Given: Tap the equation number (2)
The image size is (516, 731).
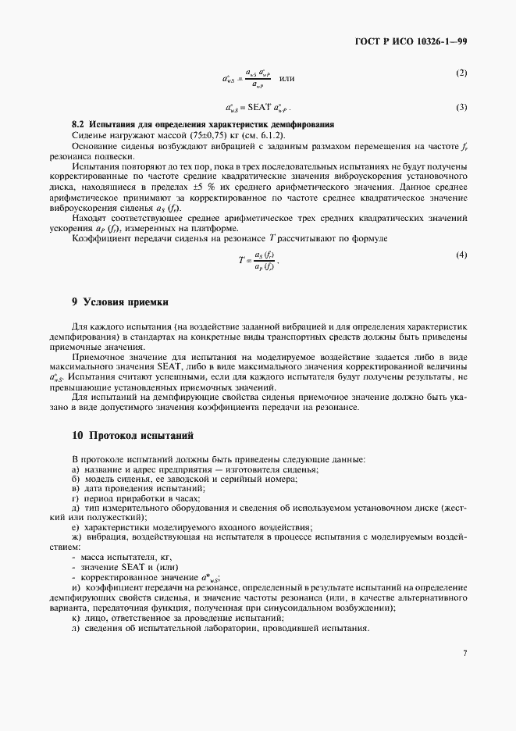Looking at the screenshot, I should (x=461, y=73).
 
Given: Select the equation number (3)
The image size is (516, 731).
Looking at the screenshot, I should (x=461, y=106).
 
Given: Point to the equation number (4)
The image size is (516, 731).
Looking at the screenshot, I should (x=461, y=255).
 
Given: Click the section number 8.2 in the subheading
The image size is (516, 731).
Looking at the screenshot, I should (x=77, y=125).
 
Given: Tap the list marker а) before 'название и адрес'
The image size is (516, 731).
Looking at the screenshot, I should (x=76, y=469).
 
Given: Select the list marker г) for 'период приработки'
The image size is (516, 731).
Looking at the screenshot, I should (x=75, y=498).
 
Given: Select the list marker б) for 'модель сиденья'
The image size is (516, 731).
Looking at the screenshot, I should (x=76, y=479).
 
